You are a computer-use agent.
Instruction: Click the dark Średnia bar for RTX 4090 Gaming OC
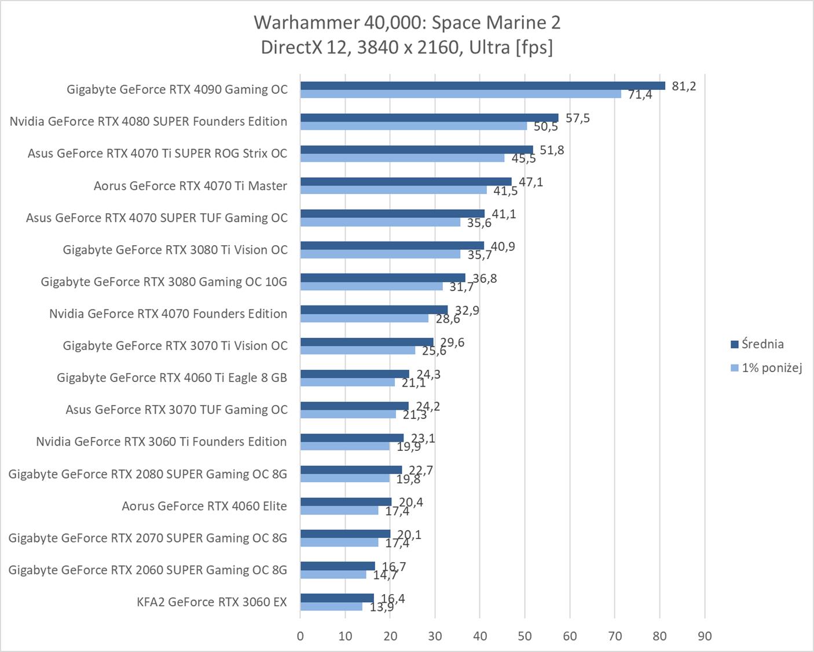tap(482, 86)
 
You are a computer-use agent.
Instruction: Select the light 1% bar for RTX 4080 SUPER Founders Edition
tap(413, 126)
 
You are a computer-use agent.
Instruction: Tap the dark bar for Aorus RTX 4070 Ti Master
tap(405, 181)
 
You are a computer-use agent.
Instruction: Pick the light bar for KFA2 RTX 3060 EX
tap(331, 606)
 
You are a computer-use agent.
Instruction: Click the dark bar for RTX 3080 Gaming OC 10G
tap(382, 278)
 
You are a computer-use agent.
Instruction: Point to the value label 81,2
tap(684, 86)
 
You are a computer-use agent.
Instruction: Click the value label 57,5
tap(577, 118)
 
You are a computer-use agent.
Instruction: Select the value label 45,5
tap(523, 159)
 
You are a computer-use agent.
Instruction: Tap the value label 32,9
tap(467, 311)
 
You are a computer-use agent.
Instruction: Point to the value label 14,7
tap(385, 575)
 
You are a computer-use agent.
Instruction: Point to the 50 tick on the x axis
tap(525, 636)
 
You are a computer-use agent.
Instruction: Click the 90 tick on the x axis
tap(705, 636)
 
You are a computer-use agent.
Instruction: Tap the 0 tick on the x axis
tap(300, 636)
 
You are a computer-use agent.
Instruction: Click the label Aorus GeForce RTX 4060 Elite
tap(204, 506)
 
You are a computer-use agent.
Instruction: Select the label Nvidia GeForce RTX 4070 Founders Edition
tap(168, 314)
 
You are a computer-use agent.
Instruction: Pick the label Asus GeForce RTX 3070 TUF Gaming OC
tap(176, 410)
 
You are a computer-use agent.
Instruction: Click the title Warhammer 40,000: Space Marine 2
tap(407, 22)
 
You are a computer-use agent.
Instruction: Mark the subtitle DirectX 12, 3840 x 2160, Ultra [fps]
tap(407, 47)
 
